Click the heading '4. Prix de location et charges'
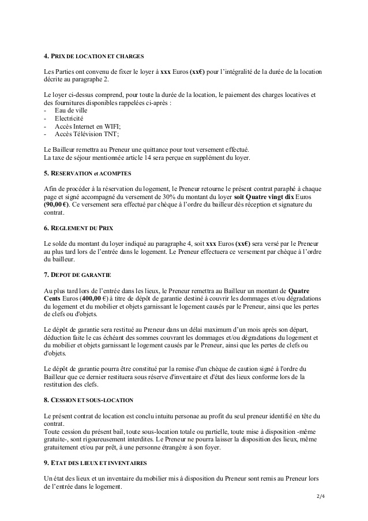(93, 57)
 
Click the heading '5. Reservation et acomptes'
(88, 173)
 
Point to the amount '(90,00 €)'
(57, 204)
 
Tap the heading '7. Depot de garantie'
(77, 275)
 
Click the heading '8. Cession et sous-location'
(88, 399)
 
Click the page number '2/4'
(321, 496)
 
